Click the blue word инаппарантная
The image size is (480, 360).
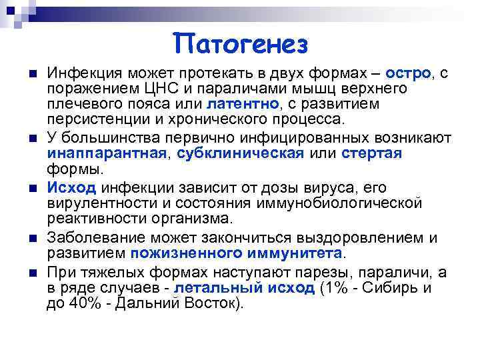point(105,153)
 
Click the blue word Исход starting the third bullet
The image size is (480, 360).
point(71,187)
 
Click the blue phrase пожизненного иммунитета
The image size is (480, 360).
point(237,253)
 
